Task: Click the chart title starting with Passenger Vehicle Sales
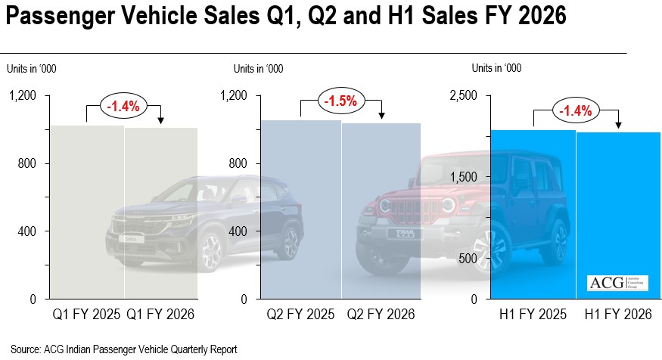tap(285, 17)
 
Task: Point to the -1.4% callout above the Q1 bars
tap(123, 106)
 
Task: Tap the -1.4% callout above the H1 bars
tap(575, 111)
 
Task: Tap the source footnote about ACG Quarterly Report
tap(124, 349)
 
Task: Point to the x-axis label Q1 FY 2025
tap(87, 314)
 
